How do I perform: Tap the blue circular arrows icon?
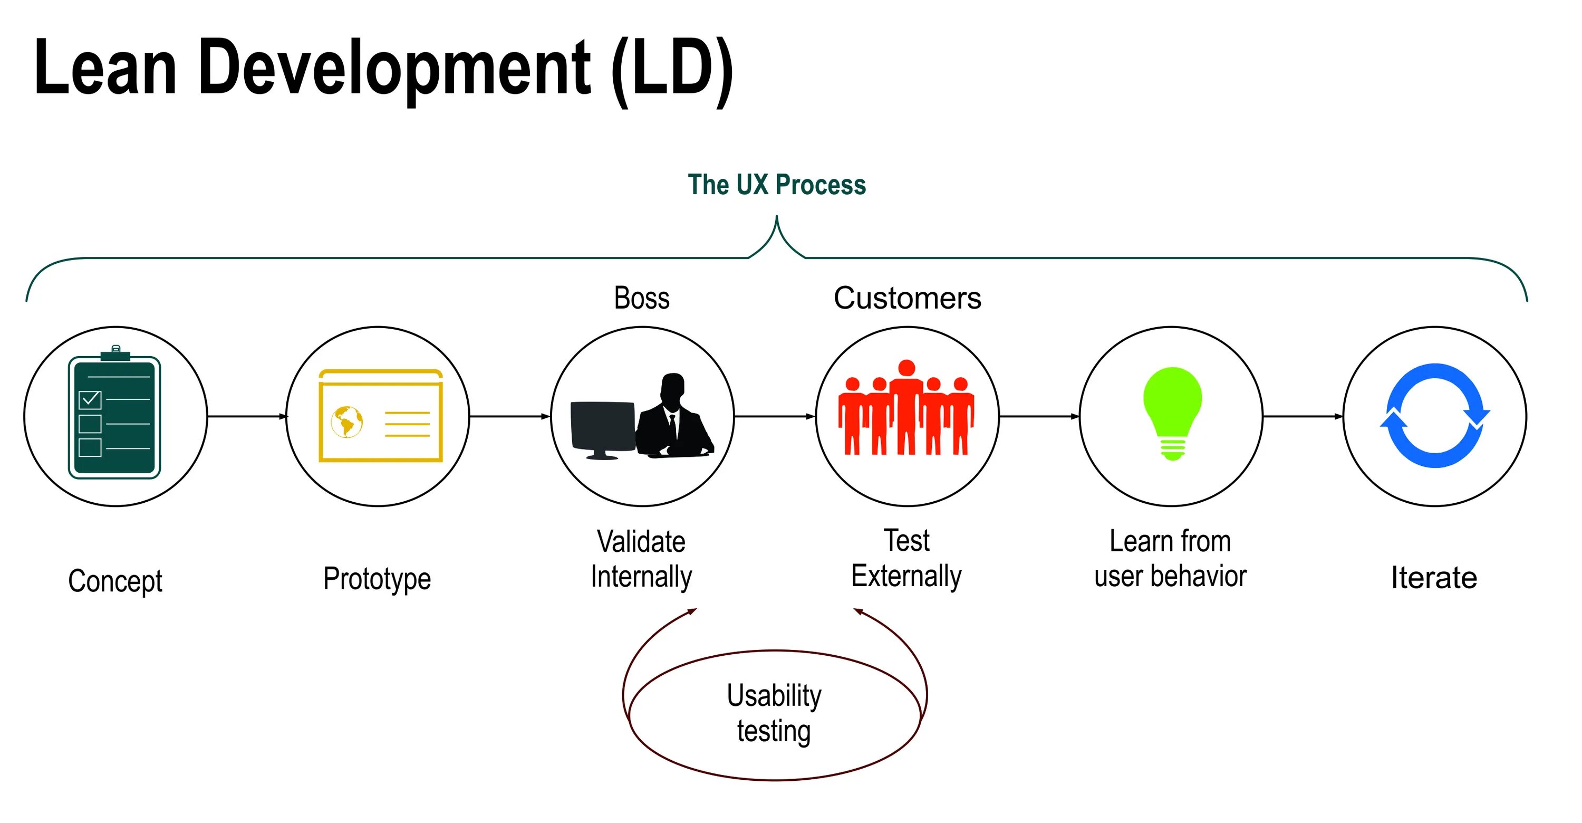click(x=1434, y=415)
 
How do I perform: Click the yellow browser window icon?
click(x=380, y=415)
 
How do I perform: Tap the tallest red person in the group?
click(x=906, y=405)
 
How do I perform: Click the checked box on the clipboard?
click(x=90, y=399)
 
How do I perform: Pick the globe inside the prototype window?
click(x=347, y=422)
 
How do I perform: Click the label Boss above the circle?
click(x=642, y=299)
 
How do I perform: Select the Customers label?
click(x=907, y=299)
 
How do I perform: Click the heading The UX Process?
click(x=776, y=184)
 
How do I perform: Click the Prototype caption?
click(x=377, y=579)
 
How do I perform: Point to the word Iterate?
click(x=1434, y=577)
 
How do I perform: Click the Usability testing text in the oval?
click(x=774, y=712)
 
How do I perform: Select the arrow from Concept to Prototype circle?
click(x=247, y=416)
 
